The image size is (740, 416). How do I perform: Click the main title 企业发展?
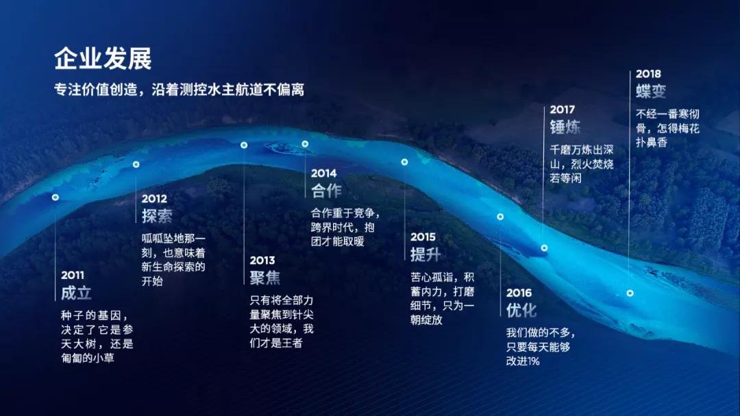[103, 60]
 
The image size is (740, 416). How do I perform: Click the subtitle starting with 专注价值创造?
[179, 90]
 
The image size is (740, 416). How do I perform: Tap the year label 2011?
[73, 275]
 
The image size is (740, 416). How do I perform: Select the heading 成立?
[76, 293]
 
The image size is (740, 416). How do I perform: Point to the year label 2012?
[154, 199]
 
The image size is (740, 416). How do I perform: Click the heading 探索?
[157, 216]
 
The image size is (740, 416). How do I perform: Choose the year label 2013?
[262, 260]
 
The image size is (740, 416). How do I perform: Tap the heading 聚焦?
[265, 278]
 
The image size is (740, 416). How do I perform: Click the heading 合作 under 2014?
[326, 191]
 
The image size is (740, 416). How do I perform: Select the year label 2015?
[423, 237]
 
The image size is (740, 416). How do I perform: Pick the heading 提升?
[425, 254]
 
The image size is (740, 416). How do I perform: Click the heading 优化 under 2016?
[521, 310]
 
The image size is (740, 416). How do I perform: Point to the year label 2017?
[562, 110]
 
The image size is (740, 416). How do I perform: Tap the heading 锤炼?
[565, 127]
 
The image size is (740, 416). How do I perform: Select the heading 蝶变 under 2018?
[651, 91]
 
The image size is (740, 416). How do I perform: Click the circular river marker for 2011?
[56, 197]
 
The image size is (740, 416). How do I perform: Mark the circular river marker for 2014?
[305, 144]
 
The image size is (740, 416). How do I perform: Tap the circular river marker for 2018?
[630, 293]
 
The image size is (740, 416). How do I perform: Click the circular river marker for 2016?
[500, 217]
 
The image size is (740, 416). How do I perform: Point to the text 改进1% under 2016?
[523, 361]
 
